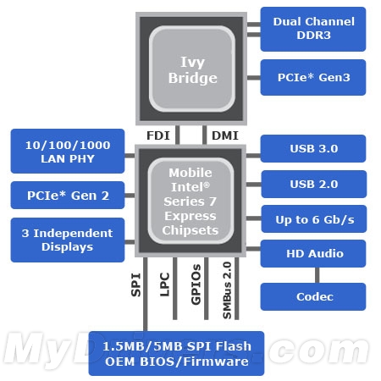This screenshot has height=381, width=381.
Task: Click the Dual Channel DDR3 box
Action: tap(313, 30)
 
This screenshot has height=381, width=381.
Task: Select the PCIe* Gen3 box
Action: tap(313, 78)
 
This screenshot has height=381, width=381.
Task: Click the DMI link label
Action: tap(224, 134)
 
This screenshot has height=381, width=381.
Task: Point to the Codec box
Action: tap(313, 296)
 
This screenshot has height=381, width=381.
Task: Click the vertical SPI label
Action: tap(135, 284)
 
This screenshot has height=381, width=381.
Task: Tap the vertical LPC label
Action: tap(165, 284)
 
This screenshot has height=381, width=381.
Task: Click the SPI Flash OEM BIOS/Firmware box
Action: tap(176, 352)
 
